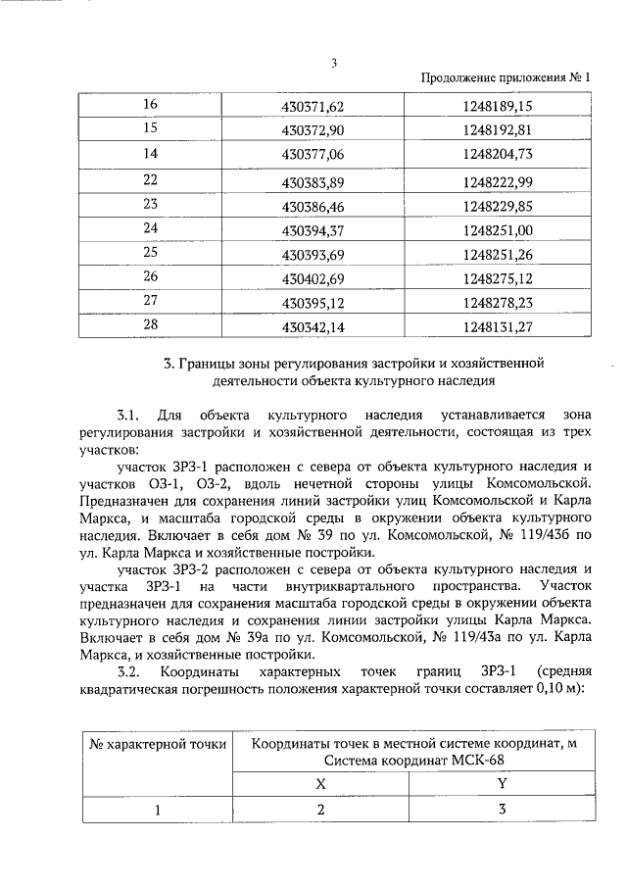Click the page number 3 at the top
(x=333, y=64)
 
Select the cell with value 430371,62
(x=309, y=106)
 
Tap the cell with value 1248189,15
(x=498, y=106)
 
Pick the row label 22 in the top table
(x=151, y=179)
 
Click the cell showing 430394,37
(x=309, y=230)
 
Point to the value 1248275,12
(x=498, y=278)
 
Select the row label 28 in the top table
(x=151, y=324)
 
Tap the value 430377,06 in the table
(x=309, y=154)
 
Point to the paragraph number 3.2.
(x=129, y=671)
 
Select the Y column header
(x=502, y=784)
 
